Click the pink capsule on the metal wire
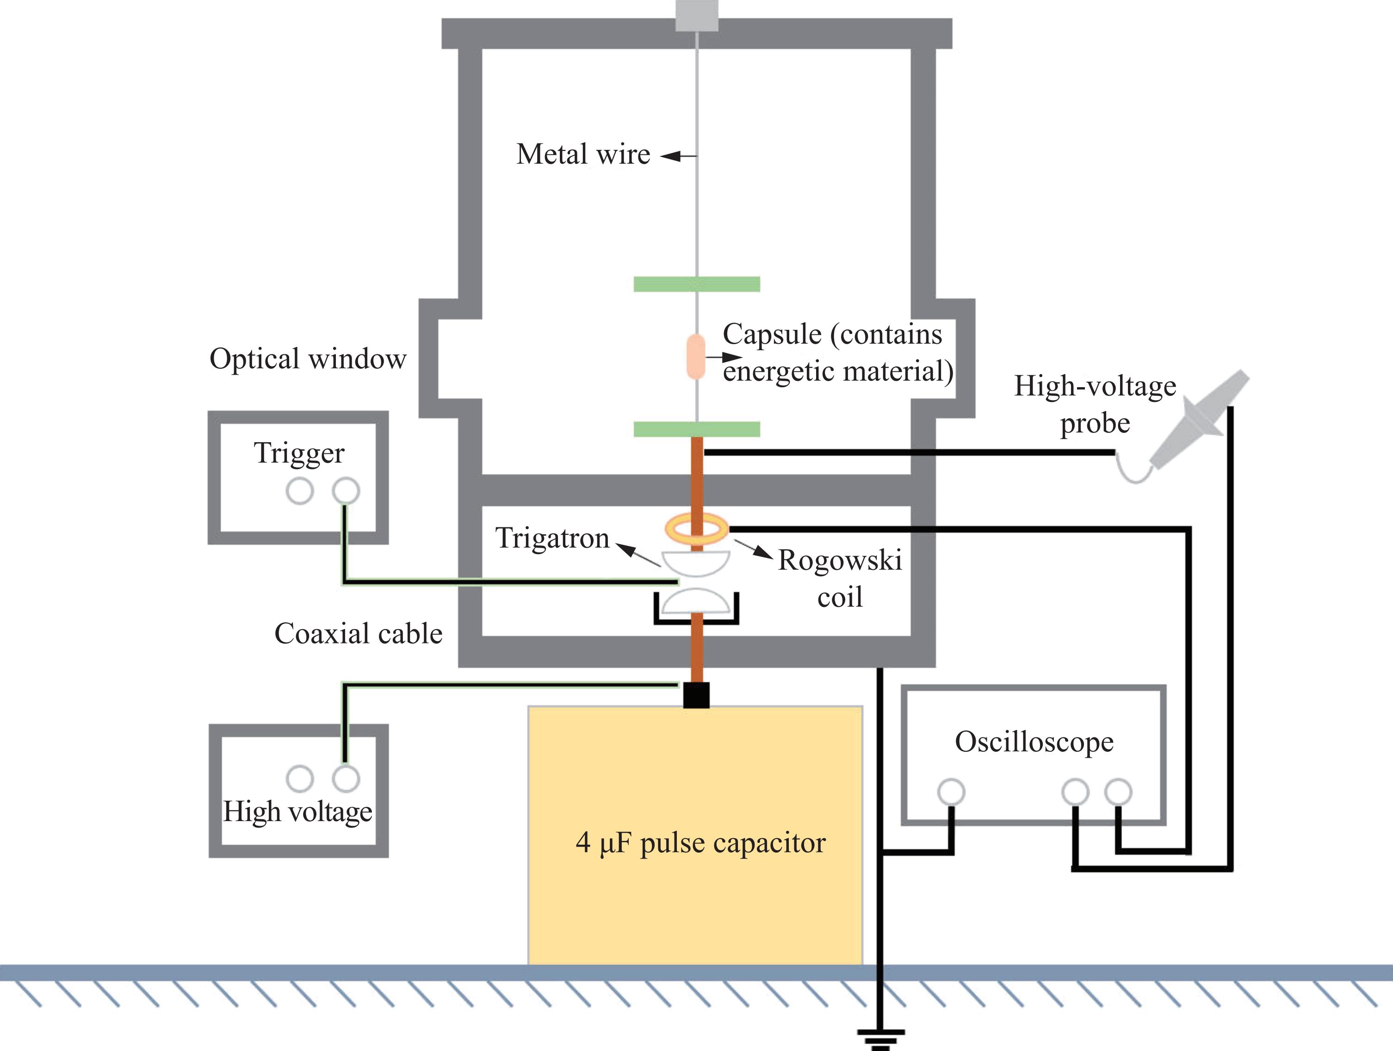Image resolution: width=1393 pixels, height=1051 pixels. pos(695,357)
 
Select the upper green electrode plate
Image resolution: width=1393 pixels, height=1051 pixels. pos(697,284)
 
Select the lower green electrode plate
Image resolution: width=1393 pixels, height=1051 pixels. pos(697,429)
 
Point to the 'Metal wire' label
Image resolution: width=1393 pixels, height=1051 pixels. pos(583,155)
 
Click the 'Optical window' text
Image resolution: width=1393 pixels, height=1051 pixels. pos(308,359)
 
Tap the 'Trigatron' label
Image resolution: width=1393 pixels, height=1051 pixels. pos(552,538)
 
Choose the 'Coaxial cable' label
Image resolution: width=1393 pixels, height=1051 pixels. pos(359,633)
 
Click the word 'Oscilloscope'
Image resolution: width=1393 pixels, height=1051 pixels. pos(1034,742)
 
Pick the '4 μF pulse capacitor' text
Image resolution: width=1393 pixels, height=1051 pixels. pos(700,843)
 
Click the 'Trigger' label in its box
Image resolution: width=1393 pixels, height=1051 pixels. pos(299,453)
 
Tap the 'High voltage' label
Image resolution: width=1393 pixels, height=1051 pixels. pos(298,812)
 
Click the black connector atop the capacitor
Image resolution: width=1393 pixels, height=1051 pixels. pos(697,695)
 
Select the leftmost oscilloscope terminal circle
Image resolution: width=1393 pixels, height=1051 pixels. pos(951,791)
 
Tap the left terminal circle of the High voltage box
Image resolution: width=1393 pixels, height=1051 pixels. pos(300,779)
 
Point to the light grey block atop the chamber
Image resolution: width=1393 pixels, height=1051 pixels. pos(697,16)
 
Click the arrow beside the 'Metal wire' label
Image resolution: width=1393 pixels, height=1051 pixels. pos(678,155)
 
